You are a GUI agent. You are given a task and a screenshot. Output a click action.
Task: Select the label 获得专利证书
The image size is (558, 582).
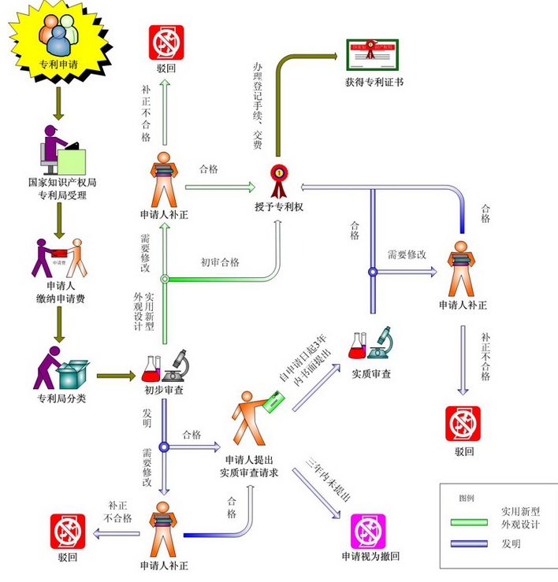(x=374, y=82)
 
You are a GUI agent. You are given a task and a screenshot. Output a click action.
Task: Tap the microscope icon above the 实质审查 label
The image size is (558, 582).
(x=381, y=345)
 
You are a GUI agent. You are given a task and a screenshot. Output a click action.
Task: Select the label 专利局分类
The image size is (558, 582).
(x=61, y=399)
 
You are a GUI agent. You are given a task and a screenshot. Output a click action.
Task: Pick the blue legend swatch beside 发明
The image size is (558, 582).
(x=470, y=543)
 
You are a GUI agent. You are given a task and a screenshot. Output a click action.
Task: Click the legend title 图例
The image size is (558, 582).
(x=467, y=499)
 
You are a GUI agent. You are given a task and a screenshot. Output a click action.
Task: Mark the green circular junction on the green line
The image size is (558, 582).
(x=165, y=279)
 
